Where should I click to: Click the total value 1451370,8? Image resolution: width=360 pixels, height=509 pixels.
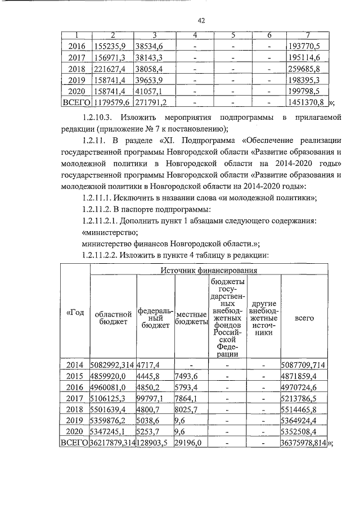tap(304, 103)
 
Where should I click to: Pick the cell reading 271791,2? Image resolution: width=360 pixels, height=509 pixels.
tap(152, 103)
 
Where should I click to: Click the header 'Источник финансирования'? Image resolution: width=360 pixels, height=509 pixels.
tap(209, 271)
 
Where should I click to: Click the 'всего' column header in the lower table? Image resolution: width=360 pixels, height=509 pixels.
tap(304, 317)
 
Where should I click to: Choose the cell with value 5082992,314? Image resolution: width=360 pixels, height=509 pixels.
tap(112, 366)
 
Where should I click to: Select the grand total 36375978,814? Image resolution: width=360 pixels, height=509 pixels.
tap(304, 443)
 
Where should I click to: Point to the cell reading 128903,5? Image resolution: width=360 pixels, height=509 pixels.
tap(154, 443)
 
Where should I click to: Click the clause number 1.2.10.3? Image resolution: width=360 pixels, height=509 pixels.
tap(97, 118)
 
